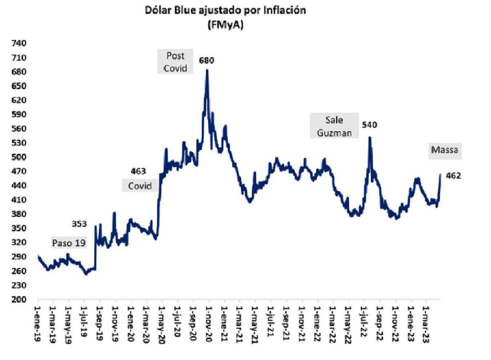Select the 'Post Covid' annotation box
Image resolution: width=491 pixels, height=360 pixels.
point(175,61)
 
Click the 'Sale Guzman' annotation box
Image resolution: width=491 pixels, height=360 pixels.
point(334,126)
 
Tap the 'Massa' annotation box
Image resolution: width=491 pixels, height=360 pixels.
point(444,150)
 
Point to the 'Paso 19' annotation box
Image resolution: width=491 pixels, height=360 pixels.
point(69,243)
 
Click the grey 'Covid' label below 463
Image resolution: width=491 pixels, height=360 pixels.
point(140,186)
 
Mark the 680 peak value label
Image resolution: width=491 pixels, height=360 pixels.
point(207,61)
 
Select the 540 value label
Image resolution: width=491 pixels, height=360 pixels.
point(369,125)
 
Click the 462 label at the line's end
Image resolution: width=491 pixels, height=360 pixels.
point(453,175)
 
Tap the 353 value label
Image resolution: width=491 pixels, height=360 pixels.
point(79,224)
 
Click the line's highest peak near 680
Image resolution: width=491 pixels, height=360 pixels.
point(207,70)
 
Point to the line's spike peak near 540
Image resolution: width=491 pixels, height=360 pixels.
point(370,138)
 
